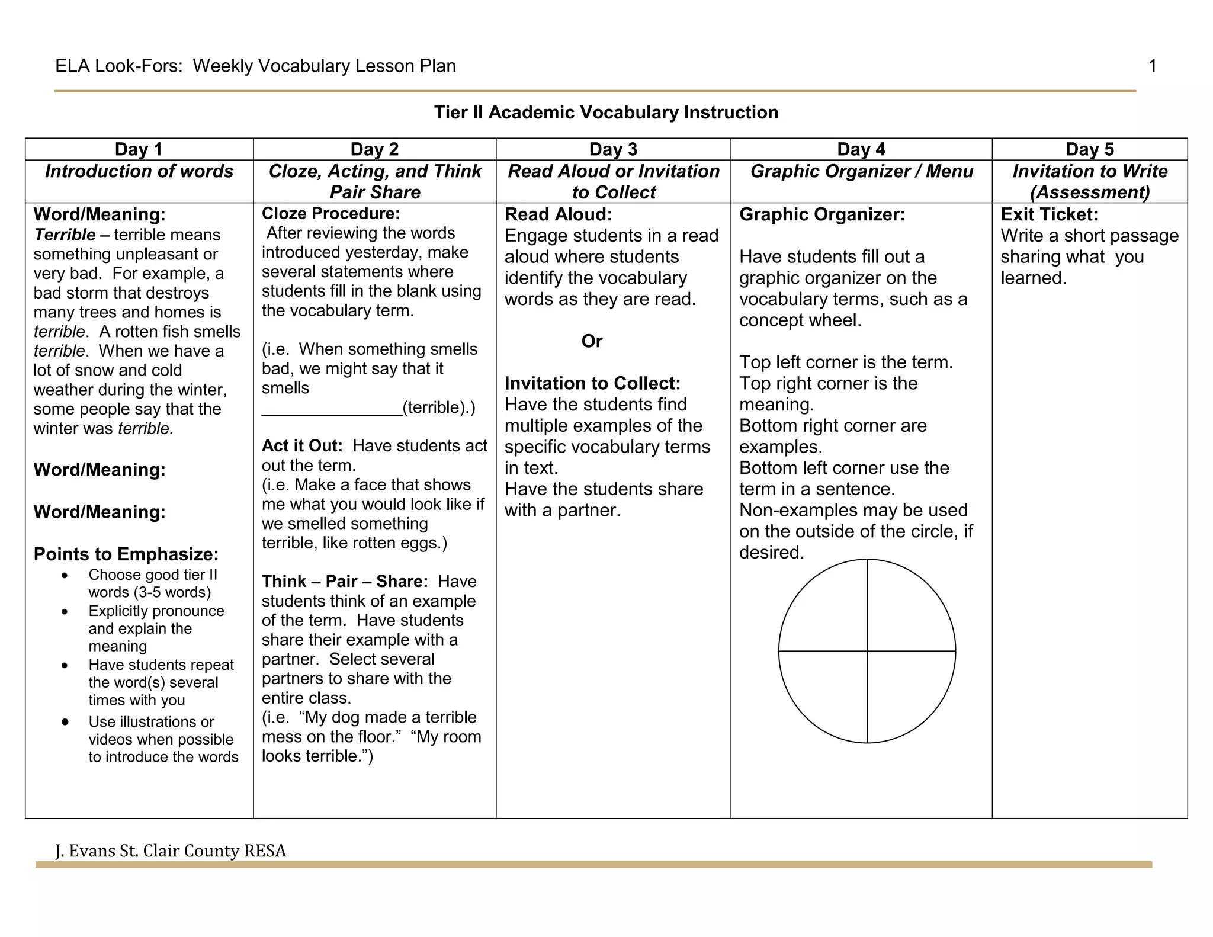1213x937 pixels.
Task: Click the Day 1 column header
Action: (139, 149)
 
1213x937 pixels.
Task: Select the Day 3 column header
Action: (613, 149)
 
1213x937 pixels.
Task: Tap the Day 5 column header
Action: (1089, 149)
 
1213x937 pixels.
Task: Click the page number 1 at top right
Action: (1153, 66)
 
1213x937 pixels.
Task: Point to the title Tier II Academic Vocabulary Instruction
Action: (606, 113)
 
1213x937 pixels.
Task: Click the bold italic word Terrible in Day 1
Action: (65, 235)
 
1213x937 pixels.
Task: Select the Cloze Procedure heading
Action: (330, 214)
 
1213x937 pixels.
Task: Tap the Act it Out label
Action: (302, 446)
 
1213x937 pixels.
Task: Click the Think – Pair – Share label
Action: (345, 582)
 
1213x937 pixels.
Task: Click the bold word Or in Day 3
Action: (592, 341)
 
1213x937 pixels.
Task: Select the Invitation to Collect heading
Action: (592, 384)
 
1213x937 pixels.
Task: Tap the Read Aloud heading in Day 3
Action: (558, 214)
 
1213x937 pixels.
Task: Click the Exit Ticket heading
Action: (1049, 214)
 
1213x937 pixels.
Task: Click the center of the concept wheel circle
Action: (867, 651)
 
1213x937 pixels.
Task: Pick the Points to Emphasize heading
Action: (126, 554)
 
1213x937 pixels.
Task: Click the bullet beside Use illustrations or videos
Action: (65, 722)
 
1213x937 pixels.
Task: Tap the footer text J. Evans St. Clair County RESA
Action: (171, 851)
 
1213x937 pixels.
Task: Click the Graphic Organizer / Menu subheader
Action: (861, 172)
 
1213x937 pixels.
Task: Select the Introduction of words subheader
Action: (139, 172)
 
